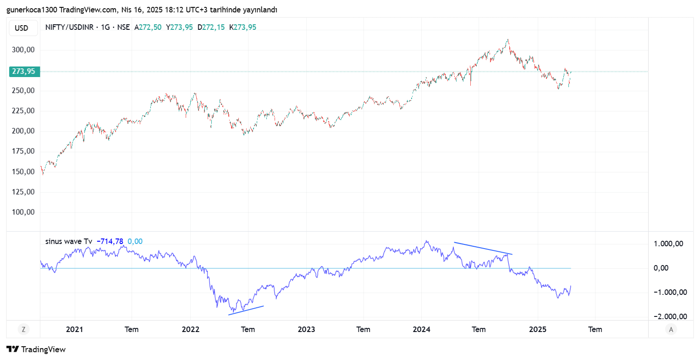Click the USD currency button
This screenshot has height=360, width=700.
[21, 28]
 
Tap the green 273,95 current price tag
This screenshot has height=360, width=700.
[23, 72]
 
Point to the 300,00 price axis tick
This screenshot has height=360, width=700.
[23, 50]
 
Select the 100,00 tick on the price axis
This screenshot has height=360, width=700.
[23, 212]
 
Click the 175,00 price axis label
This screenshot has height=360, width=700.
[23, 151]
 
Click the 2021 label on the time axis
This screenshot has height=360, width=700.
[74, 329]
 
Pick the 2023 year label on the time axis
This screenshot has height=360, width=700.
[306, 329]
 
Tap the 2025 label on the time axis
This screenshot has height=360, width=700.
[538, 329]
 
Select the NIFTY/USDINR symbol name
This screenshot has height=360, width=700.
[69, 28]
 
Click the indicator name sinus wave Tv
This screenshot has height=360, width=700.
[69, 241]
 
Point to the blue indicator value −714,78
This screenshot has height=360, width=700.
[110, 241]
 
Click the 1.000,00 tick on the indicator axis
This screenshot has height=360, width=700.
[668, 244]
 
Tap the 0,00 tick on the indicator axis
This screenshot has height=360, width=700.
[661, 268]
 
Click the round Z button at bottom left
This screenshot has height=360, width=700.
[23, 329]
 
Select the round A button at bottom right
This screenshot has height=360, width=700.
[671, 329]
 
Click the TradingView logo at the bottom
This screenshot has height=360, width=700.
[37, 349]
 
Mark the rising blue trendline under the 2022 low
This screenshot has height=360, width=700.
[246, 310]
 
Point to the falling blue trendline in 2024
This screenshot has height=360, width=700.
[483, 248]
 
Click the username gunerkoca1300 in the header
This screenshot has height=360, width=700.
[32, 10]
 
